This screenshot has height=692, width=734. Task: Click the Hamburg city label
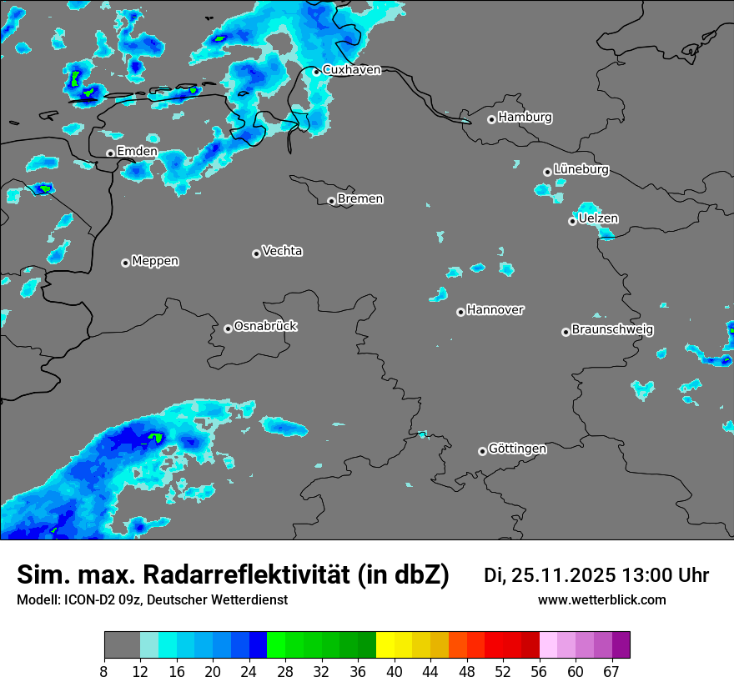point(525,118)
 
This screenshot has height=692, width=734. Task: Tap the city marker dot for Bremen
point(331,201)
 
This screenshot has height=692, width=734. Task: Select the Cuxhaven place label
point(351,70)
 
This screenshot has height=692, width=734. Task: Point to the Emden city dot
point(110,153)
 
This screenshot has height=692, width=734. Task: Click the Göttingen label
point(517,449)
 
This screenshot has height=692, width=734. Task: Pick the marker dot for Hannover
point(460,312)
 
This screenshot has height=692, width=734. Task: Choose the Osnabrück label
point(265,326)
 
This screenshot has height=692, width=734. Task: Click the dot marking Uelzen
point(572,221)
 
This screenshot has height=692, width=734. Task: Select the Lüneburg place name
point(581,169)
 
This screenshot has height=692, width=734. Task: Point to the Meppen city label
point(155,261)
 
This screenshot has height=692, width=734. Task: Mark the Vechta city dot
point(256,253)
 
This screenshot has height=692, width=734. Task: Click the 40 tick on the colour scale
point(395,671)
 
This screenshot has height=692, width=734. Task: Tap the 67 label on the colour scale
point(611,671)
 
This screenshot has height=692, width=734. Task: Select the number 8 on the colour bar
point(104,671)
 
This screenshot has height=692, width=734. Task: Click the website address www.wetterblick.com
point(601,600)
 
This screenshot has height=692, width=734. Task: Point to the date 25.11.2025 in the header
point(563,575)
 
